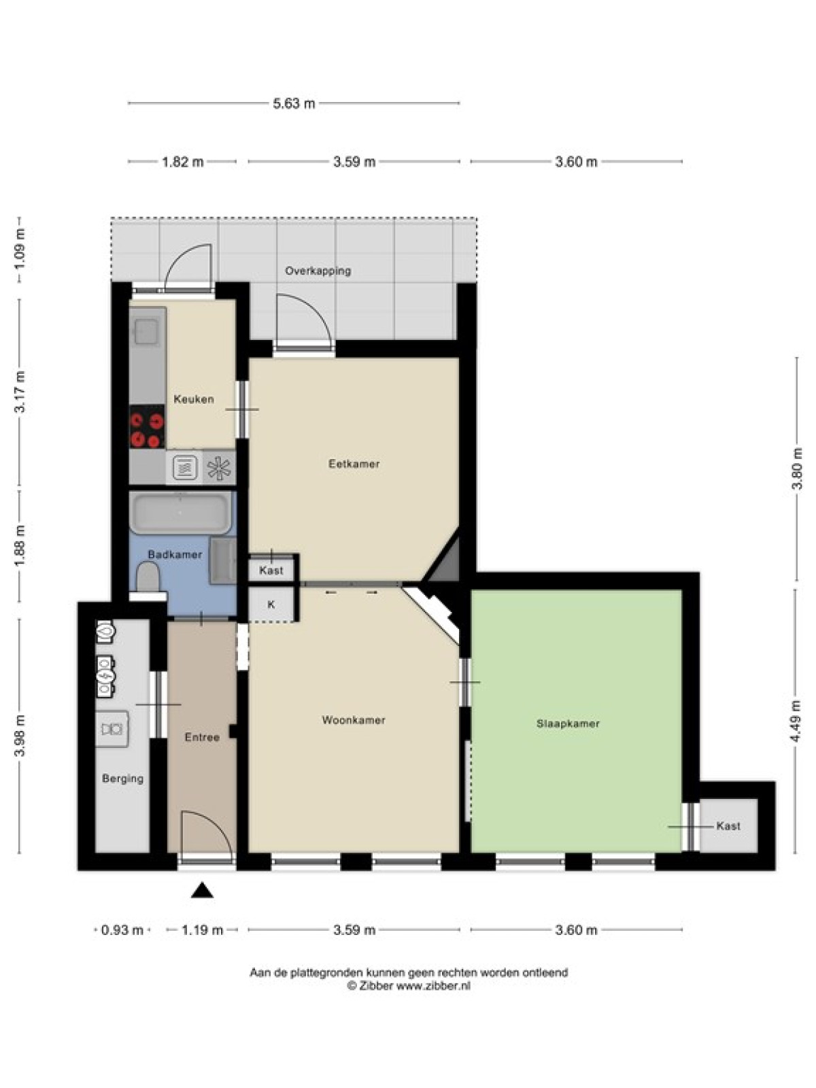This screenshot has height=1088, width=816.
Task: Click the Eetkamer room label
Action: [x=354, y=464]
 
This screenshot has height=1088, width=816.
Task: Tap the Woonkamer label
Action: [x=353, y=720]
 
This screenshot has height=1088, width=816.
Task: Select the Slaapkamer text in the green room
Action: [x=568, y=724]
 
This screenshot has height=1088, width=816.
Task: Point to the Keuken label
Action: [x=194, y=399]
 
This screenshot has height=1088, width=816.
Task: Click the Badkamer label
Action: [x=175, y=555]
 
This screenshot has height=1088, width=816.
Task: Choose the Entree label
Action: [x=202, y=738]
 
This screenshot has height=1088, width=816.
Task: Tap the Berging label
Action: [x=123, y=779]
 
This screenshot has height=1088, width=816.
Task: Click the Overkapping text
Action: [x=318, y=271]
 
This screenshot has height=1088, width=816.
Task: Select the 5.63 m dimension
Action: [x=294, y=103]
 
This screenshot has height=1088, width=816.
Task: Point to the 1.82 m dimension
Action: [x=183, y=162]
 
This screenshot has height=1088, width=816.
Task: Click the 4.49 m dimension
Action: [x=797, y=721]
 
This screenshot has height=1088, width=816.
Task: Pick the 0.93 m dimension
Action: [x=122, y=930]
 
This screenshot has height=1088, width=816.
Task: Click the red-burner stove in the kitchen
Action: [x=147, y=427]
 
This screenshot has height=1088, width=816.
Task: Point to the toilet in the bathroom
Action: [x=147, y=577]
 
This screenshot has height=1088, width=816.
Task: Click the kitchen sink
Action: [x=147, y=331]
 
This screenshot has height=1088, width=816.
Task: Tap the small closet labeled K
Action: [x=271, y=605]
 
